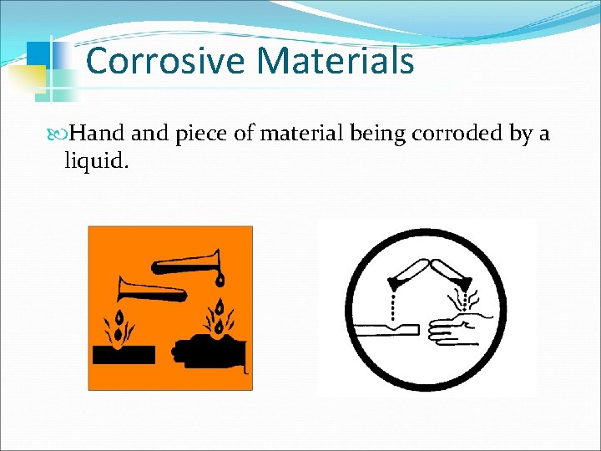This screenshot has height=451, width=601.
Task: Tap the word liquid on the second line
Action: point(96,160)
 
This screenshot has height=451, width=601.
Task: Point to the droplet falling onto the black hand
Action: point(220,304)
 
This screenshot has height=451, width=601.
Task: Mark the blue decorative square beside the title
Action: point(38,53)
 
